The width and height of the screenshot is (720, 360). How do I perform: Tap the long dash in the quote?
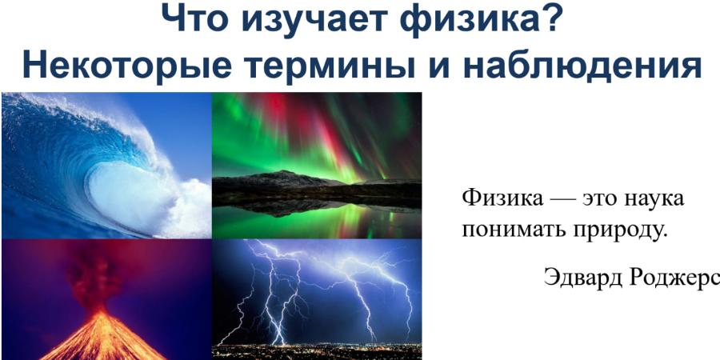point(563,200)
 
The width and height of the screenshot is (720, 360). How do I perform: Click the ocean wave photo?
point(106,166)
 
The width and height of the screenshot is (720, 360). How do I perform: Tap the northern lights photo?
point(317,166)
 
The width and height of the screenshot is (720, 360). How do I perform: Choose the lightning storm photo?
point(317,299)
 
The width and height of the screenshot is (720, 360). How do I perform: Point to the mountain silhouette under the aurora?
point(317,182)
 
